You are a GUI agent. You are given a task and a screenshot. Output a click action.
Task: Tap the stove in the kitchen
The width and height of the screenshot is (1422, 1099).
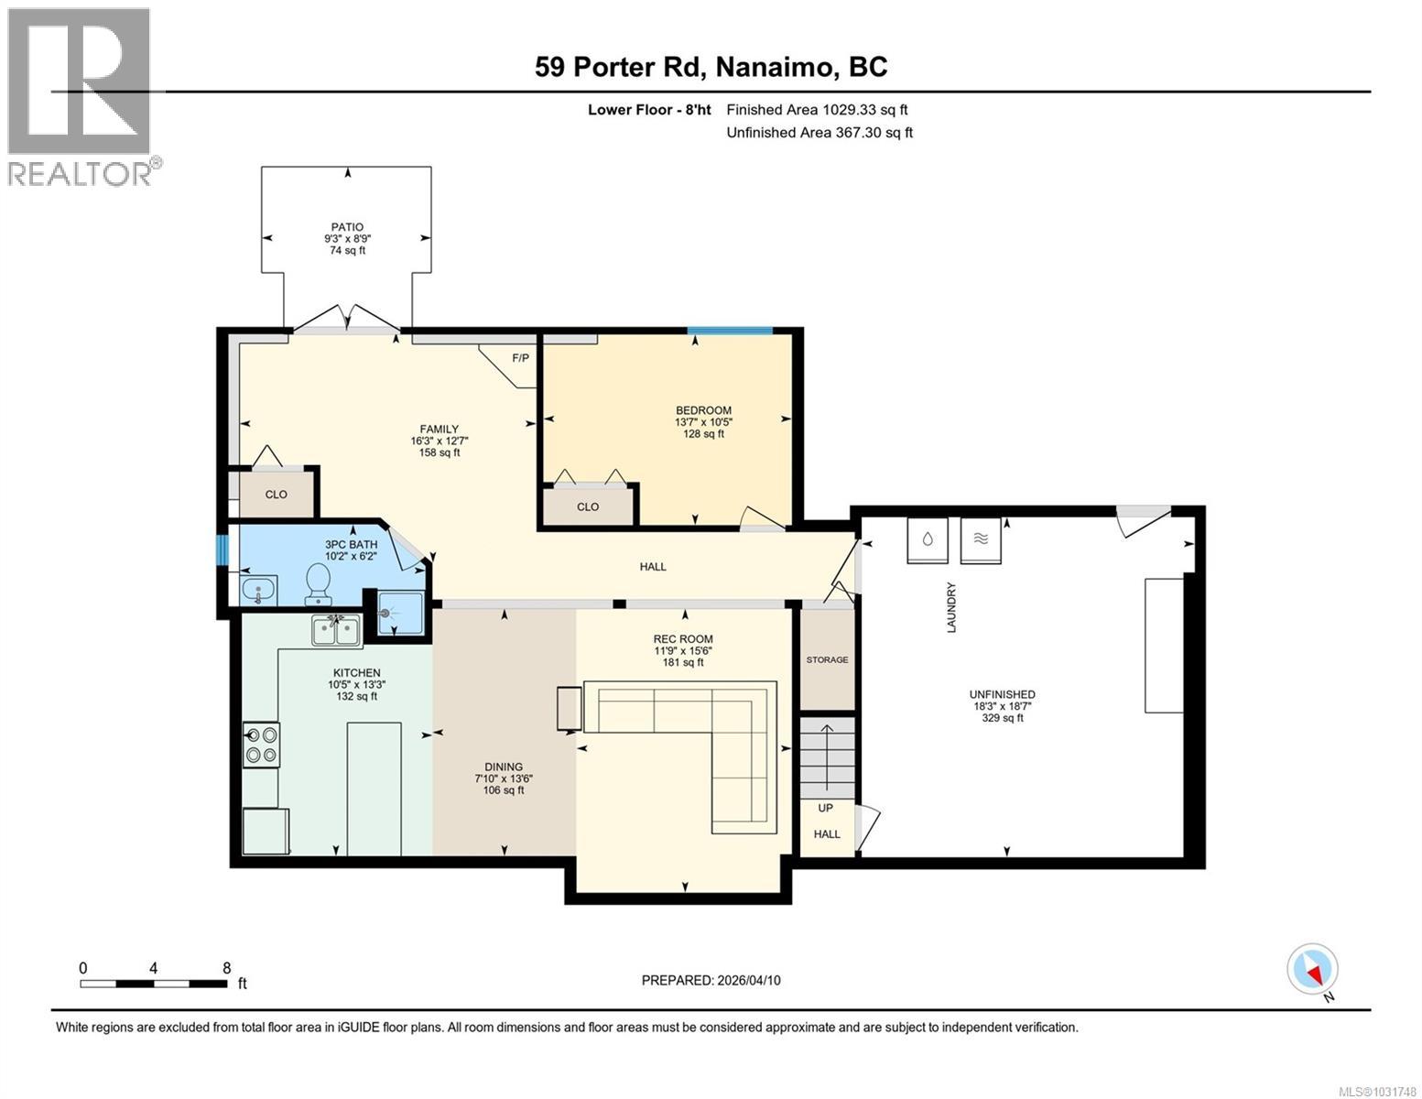click(261, 744)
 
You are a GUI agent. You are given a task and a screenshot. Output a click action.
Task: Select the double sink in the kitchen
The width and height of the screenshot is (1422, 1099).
click(336, 629)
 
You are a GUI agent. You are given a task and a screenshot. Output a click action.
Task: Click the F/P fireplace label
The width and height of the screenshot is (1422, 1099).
click(520, 358)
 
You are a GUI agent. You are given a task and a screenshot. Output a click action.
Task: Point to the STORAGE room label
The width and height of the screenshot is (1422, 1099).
click(827, 659)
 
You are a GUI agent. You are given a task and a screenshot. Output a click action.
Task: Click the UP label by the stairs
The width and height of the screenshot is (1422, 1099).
click(826, 808)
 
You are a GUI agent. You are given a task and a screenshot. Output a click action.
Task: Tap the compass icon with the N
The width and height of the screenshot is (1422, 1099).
click(1312, 969)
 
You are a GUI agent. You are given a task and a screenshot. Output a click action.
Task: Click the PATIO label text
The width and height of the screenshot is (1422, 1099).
click(347, 227)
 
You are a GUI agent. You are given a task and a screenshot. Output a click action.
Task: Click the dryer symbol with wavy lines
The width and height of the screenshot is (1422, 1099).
click(981, 539)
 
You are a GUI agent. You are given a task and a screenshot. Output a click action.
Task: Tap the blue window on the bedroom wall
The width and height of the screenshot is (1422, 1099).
click(730, 331)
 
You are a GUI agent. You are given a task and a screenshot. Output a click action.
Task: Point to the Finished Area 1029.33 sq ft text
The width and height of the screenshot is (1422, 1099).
click(817, 110)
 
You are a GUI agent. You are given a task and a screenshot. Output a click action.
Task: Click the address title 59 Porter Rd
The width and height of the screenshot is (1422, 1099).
click(711, 67)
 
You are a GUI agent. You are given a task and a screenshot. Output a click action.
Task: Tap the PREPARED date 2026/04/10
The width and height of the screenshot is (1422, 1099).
click(711, 980)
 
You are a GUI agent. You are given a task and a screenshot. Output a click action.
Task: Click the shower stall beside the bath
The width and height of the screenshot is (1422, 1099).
click(395, 615)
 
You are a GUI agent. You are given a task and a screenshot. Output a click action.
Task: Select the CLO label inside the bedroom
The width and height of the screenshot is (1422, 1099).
click(588, 506)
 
